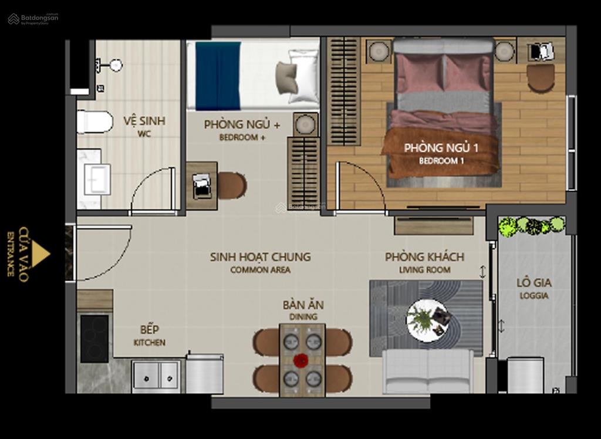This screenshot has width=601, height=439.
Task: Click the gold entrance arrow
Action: tap(40, 254)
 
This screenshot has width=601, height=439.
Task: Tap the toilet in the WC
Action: tap(94, 121)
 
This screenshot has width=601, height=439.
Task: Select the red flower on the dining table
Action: tap(301, 360)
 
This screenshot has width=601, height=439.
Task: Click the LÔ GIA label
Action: tap(534, 282)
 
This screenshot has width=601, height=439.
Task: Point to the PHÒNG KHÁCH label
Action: tap(424, 256)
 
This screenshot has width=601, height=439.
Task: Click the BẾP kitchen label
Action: tap(149, 329)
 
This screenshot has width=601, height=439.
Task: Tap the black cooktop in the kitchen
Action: tap(94, 339)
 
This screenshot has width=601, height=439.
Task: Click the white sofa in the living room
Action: tap(428, 371)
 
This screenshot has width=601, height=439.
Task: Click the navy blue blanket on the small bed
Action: tap(218, 76)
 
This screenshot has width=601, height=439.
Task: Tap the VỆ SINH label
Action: tap(144, 121)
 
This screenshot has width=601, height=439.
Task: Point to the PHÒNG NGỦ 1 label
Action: tap(441, 148)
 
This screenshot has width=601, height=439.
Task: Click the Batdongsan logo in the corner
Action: tap(33, 18)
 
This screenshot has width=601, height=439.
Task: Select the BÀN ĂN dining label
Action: tap(303, 305)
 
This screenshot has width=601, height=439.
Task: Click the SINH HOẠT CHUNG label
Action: tap(260, 256)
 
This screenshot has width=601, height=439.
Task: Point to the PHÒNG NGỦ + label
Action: tap(242, 124)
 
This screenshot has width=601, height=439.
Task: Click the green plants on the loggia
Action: tap(532, 226)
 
